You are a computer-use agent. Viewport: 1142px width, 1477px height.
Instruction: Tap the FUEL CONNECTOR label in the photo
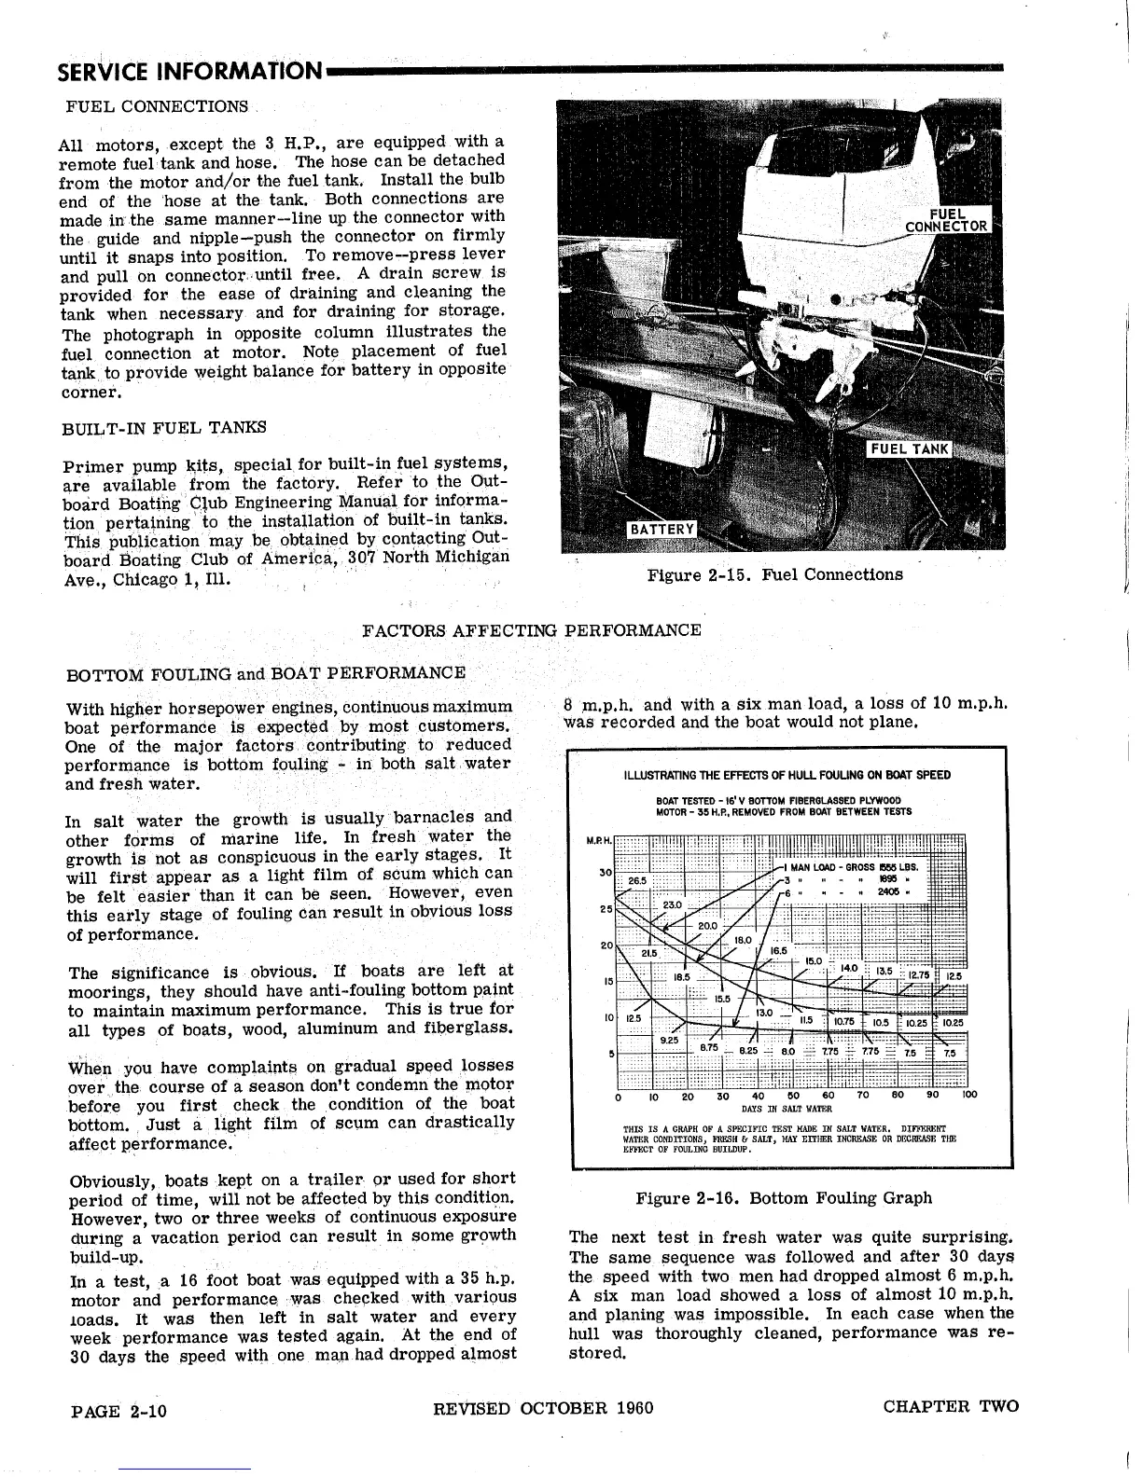click(x=948, y=219)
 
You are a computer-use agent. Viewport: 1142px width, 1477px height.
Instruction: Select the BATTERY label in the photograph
click(x=662, y=530)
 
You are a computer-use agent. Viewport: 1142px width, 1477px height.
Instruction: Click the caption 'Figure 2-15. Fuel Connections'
click(x=774, y=574)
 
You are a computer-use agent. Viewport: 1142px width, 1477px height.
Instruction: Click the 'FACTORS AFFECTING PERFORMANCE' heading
click(x=531, y=630)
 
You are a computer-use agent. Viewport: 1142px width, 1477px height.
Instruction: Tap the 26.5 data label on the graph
click(x=637, y=880)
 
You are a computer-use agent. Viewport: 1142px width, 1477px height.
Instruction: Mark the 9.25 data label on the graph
click(x=668, y=1040)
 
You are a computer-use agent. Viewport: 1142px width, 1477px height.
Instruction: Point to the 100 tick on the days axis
click(x=968, y=1096)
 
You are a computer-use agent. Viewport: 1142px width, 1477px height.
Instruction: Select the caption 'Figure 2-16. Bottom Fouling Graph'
click(x=784, y=1198)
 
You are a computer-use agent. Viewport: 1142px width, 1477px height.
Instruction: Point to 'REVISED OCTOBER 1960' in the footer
click(x=543, y=1408)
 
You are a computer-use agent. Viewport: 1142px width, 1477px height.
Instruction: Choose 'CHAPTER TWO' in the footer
click(x=951, y=1407)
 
